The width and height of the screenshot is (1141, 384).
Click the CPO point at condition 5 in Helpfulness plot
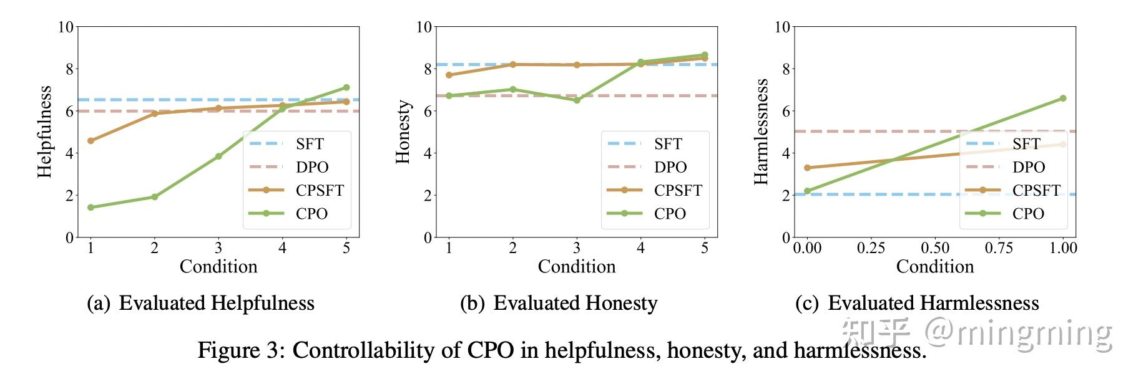pos(346,88)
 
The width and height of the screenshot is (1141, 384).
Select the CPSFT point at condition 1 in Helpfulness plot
pos(91,141)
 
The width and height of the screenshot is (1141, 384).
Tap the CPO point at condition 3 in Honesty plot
pos(577,100)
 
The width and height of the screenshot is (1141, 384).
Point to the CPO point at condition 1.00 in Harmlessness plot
pos(1062,98)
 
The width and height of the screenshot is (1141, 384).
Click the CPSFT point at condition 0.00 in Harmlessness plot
pos(807,168)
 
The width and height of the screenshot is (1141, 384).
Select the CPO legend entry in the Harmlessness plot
pos(1012,214)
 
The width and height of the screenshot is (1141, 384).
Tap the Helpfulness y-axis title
pos(44,132)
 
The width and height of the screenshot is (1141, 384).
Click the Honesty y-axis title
pos(403,132)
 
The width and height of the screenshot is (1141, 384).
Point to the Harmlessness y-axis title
pos(761,132)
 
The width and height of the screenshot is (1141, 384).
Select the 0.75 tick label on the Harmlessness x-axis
pos(999,248)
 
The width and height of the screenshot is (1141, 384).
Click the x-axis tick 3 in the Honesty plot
pos(577,248)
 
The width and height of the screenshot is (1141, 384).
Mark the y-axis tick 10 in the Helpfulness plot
pos(66,27)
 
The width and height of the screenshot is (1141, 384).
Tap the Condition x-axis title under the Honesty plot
pos(577,267)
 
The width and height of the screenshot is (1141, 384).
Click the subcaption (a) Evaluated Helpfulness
pos(200,304)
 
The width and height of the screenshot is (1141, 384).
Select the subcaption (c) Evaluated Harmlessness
pos(916,304)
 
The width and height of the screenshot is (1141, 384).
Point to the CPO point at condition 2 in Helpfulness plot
pos(154,197)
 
